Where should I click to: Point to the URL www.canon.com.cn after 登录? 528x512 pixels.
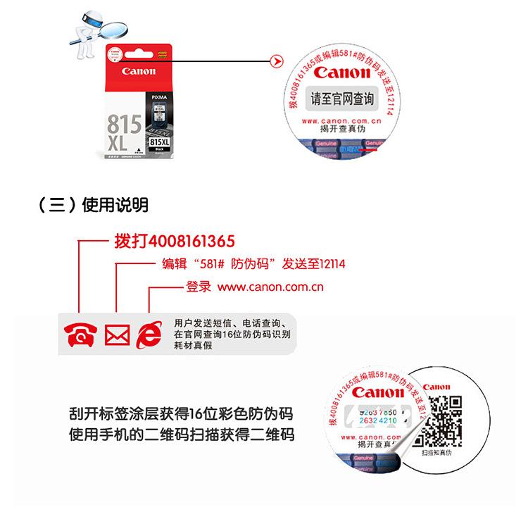coord(270,287)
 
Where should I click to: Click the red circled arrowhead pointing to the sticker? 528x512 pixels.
coord(277,63)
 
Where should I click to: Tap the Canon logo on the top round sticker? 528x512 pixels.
coord(341,73)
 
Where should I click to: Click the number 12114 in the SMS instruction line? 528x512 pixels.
coord(330,264)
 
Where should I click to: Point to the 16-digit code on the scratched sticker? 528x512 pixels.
coord(377,416)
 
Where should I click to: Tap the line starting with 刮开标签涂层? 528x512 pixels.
coord(181,413)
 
